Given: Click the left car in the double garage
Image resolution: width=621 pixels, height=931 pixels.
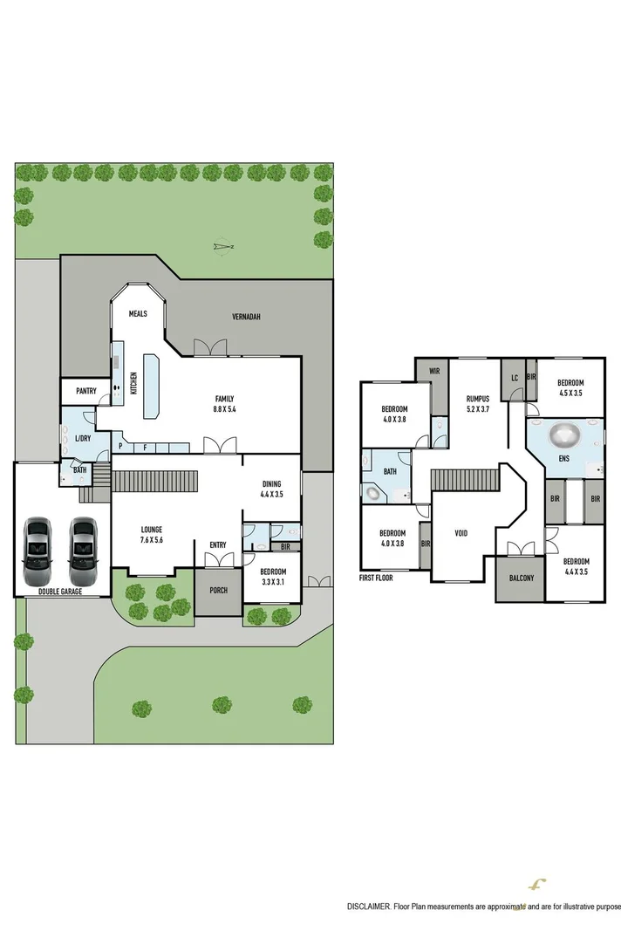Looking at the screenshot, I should [x=38, y=552].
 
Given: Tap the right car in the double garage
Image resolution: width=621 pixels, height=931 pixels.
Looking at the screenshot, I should [x=84, y=552].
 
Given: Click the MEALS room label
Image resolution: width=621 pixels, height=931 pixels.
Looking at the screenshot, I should [x=138, y=314].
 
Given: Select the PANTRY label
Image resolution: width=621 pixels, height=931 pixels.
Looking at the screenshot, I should [x=85, y=391].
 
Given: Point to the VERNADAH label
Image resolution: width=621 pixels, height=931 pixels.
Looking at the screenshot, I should [x=247, y=317].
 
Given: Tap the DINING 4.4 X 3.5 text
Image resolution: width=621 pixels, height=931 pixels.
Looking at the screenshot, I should [x=272, y=489].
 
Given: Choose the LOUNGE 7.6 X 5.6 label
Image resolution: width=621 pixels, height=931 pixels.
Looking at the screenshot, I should [x=153, y=534].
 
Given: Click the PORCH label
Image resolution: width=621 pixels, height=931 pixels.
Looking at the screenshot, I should [x=218, y=591].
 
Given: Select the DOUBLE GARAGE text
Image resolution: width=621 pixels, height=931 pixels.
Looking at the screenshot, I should [x=62, y=591].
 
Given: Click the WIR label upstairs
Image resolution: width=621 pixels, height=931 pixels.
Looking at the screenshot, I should [x=431, y=372].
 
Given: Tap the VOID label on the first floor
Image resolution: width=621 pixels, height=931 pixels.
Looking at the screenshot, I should [x=461, y=532].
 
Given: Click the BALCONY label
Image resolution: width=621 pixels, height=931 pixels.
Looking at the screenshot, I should [x=519, y=578].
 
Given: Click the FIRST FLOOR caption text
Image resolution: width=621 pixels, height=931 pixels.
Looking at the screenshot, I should [x=383, y=578].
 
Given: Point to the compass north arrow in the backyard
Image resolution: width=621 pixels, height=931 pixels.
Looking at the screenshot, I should [x=224, y=247].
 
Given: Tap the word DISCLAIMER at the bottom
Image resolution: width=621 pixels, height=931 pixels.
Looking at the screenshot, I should [x=370, y=907].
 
